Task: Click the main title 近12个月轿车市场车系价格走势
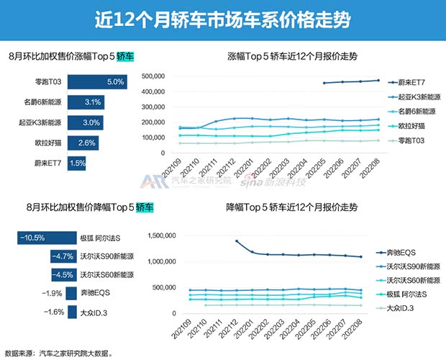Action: coord(222,19)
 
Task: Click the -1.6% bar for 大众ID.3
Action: coord(70,312)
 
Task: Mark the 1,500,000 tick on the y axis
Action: coord(170,235)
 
